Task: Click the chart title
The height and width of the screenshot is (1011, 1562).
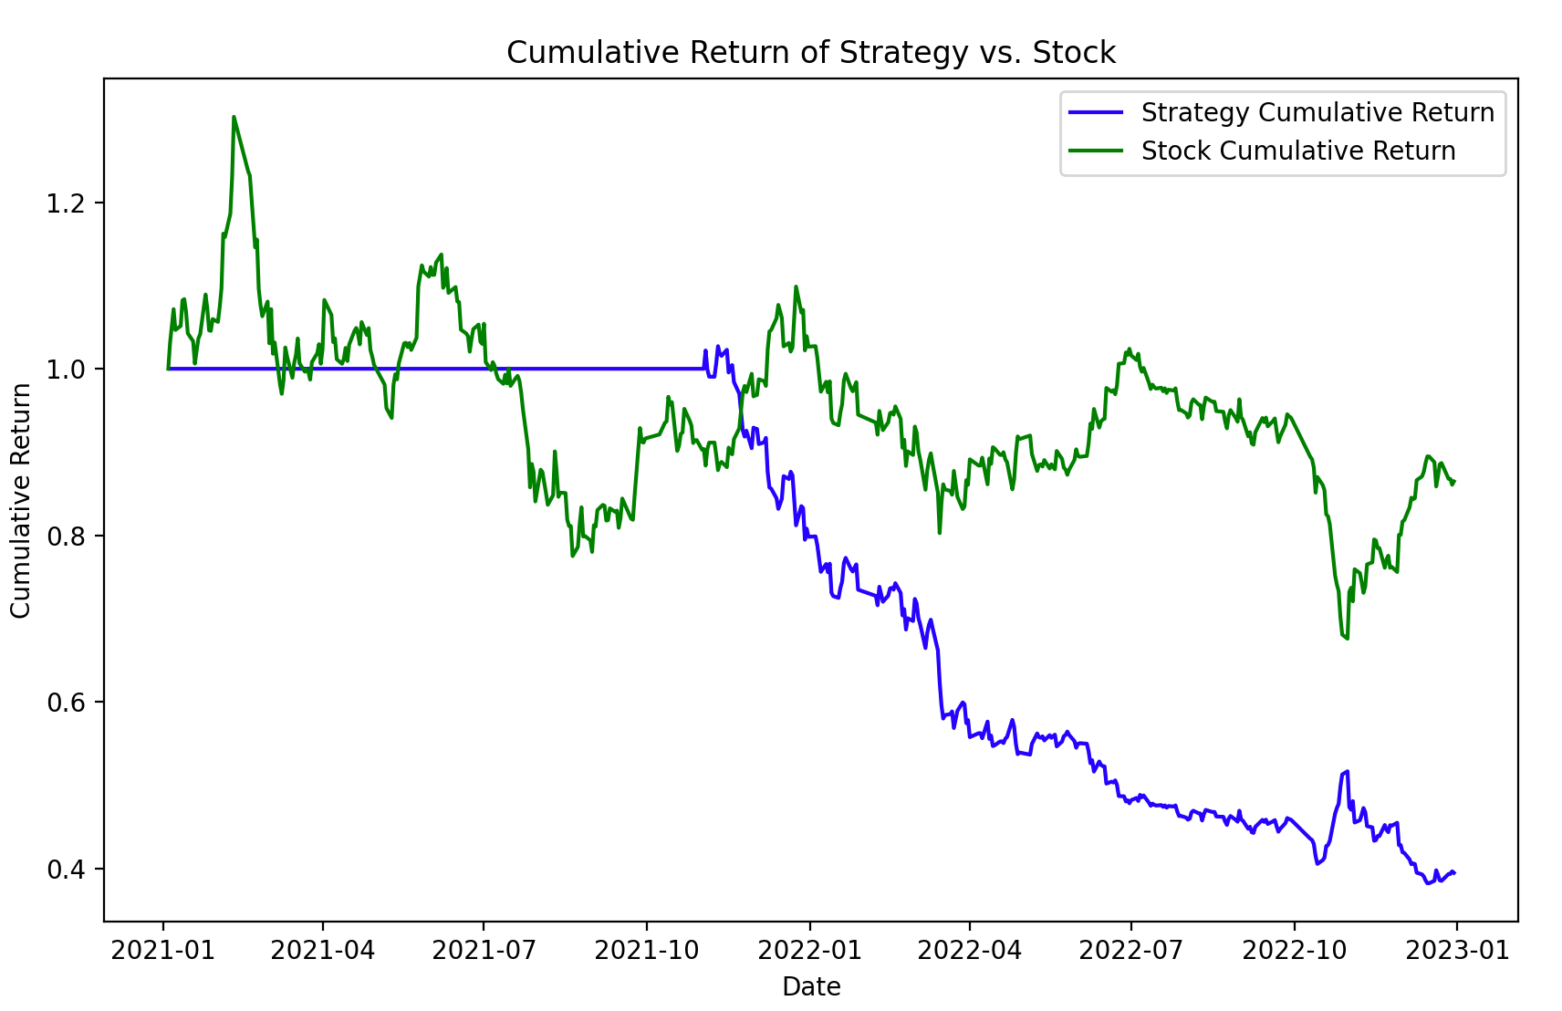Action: (811, 53)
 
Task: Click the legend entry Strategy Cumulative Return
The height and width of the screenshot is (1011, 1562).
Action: (1317, 112)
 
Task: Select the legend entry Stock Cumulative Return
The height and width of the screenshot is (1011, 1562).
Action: (1297, 151)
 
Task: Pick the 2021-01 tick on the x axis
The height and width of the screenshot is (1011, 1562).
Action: (163, 950)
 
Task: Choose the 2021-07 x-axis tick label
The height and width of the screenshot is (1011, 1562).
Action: (484, 950)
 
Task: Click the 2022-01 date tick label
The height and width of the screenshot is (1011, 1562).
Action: (809, 950)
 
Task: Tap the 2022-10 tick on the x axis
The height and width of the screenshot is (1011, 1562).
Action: (1294, 950)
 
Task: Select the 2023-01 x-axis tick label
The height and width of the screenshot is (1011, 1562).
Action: (1457, 950)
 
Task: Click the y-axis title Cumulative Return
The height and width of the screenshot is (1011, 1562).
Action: (21, 500)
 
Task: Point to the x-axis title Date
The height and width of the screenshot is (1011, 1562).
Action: (811, 986)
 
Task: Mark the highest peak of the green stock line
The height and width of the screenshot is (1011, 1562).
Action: (234, 117)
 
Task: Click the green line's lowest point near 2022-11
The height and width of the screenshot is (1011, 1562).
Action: (1347, 638)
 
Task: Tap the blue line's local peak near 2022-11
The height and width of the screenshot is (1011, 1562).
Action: (1347, 771)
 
